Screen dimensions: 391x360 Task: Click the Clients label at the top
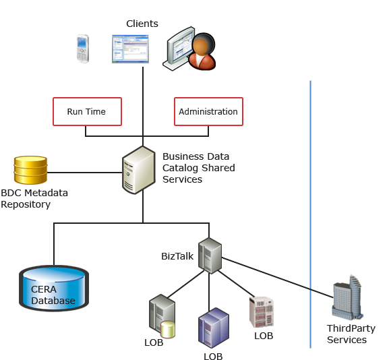coord(142,24)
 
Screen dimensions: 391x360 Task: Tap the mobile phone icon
coord(83,49)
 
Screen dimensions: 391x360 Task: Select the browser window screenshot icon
coord(130,49)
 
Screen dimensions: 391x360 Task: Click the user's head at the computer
coord(204,44)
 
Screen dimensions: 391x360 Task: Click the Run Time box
coord(87,111)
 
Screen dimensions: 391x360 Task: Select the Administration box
coord(208,111)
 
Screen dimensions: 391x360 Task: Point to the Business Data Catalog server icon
coord(139,170)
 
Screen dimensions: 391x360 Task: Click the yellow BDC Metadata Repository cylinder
coord(30,170)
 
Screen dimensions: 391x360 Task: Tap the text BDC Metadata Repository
coord(34,199)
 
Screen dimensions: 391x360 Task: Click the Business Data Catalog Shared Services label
coord(199,168)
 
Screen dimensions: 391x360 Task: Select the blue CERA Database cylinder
coord(54,288)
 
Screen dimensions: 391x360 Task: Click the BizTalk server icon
coord(210,256)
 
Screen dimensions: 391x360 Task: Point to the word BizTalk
coord(177,256)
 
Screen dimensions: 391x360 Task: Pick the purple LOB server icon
coord(214,328)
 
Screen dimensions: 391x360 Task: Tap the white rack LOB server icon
coord(262,312)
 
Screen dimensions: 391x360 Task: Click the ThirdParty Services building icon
coord(347,297)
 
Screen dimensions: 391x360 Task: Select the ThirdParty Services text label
coord(351,334)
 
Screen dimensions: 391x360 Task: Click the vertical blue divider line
coord(311,214)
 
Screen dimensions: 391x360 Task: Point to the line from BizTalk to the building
coord(278,278)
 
